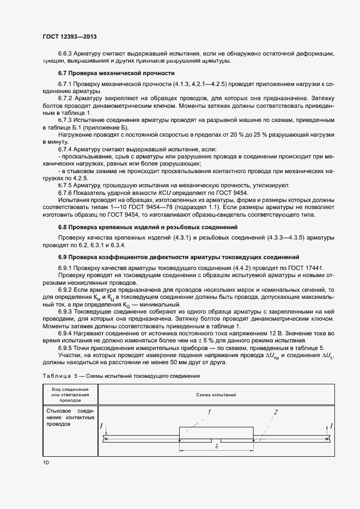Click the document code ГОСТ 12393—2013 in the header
pyautogui.click(x=66, y=36)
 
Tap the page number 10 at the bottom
pyautogui.click(x=46, y=462)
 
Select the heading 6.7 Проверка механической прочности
pyautogui.click(x=117, y=72)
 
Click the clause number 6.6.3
pyautogui.click(x=65, y=53)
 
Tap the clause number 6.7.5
pyautogui.click(x=65, y=185)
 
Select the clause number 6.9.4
pyautogui.click(x=65, y=332)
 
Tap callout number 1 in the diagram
pyautogui.click(x=209, y=412)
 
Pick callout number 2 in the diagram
pyautogui.click(x=276, y=412)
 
